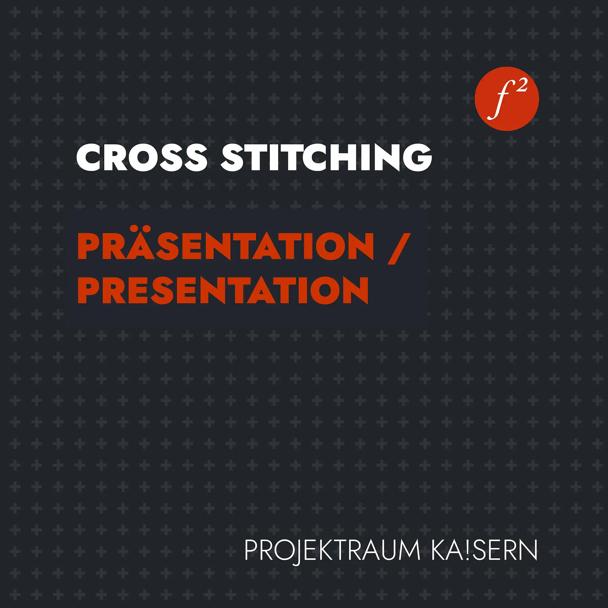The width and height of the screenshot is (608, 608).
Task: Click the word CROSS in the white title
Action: (x=142, y=157)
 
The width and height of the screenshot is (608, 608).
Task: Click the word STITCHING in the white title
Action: (x=326, y=157)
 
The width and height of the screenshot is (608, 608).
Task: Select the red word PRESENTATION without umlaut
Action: (x=223, y=290)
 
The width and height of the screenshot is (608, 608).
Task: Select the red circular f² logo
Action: (x=507, y=99)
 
